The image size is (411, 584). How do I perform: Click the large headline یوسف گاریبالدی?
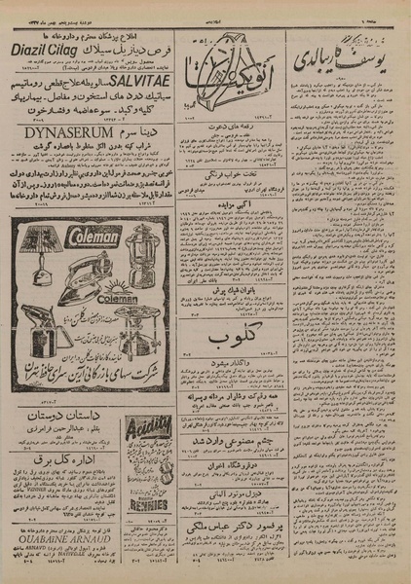[340, 48]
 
